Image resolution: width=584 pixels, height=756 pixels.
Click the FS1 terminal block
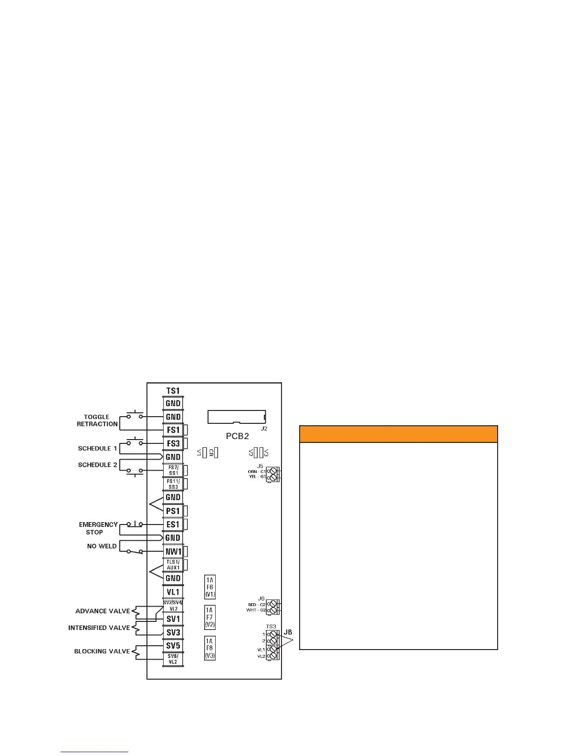click(173, 430)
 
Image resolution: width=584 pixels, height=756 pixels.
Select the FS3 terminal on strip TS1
click(173, 443)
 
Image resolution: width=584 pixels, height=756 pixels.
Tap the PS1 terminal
click(173, 511)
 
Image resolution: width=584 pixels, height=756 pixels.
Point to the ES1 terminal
click(173, 525)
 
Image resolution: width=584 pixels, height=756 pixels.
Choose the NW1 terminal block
click(173, 552)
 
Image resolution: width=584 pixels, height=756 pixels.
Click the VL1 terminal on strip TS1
click(173, 592)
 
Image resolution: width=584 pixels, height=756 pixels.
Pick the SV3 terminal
click(173, 632)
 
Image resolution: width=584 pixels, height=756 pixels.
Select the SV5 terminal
click(173, 646)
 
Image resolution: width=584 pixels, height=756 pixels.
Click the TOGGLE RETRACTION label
click(97, 420)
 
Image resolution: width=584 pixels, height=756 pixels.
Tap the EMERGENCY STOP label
click(98, 528)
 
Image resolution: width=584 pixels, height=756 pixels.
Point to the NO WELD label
click(102, 546)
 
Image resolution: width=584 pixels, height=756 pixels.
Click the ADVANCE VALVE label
click(103, 611)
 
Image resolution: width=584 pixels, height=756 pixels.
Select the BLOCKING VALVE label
click(102, 651)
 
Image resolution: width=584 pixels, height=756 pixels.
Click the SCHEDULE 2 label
click(97, 465)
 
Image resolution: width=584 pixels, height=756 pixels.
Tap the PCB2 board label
click(238, 436)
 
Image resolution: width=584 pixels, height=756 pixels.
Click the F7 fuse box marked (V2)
click(209, 618)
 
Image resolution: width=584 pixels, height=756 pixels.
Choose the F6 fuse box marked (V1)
click(209, 588)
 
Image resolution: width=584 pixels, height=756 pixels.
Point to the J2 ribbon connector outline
click(237, 416)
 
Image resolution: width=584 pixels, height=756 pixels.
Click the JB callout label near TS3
click(288, 632)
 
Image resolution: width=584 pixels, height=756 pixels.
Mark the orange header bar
click(398, 434)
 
